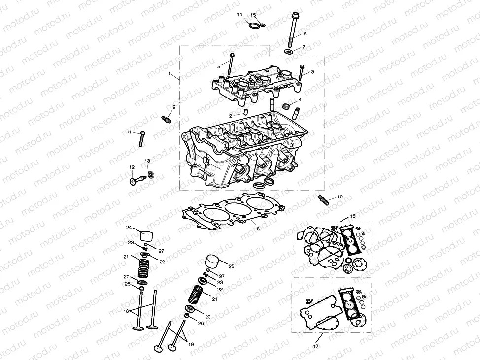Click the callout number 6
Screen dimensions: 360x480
[x=305, y=34]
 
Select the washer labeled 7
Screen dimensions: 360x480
[x=289, y=51]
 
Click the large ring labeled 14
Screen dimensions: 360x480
[x=254, y=25]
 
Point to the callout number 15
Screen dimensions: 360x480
[x=253, y=15]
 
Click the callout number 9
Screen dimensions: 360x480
[x=173, y=107]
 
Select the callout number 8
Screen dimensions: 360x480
[x=258, y=229]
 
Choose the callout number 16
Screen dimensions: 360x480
[x=352, y=216]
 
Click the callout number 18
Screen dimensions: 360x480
[x=126, y=311]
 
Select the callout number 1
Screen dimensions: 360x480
[x=170, y=75]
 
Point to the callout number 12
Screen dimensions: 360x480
[x=132, y=167]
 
